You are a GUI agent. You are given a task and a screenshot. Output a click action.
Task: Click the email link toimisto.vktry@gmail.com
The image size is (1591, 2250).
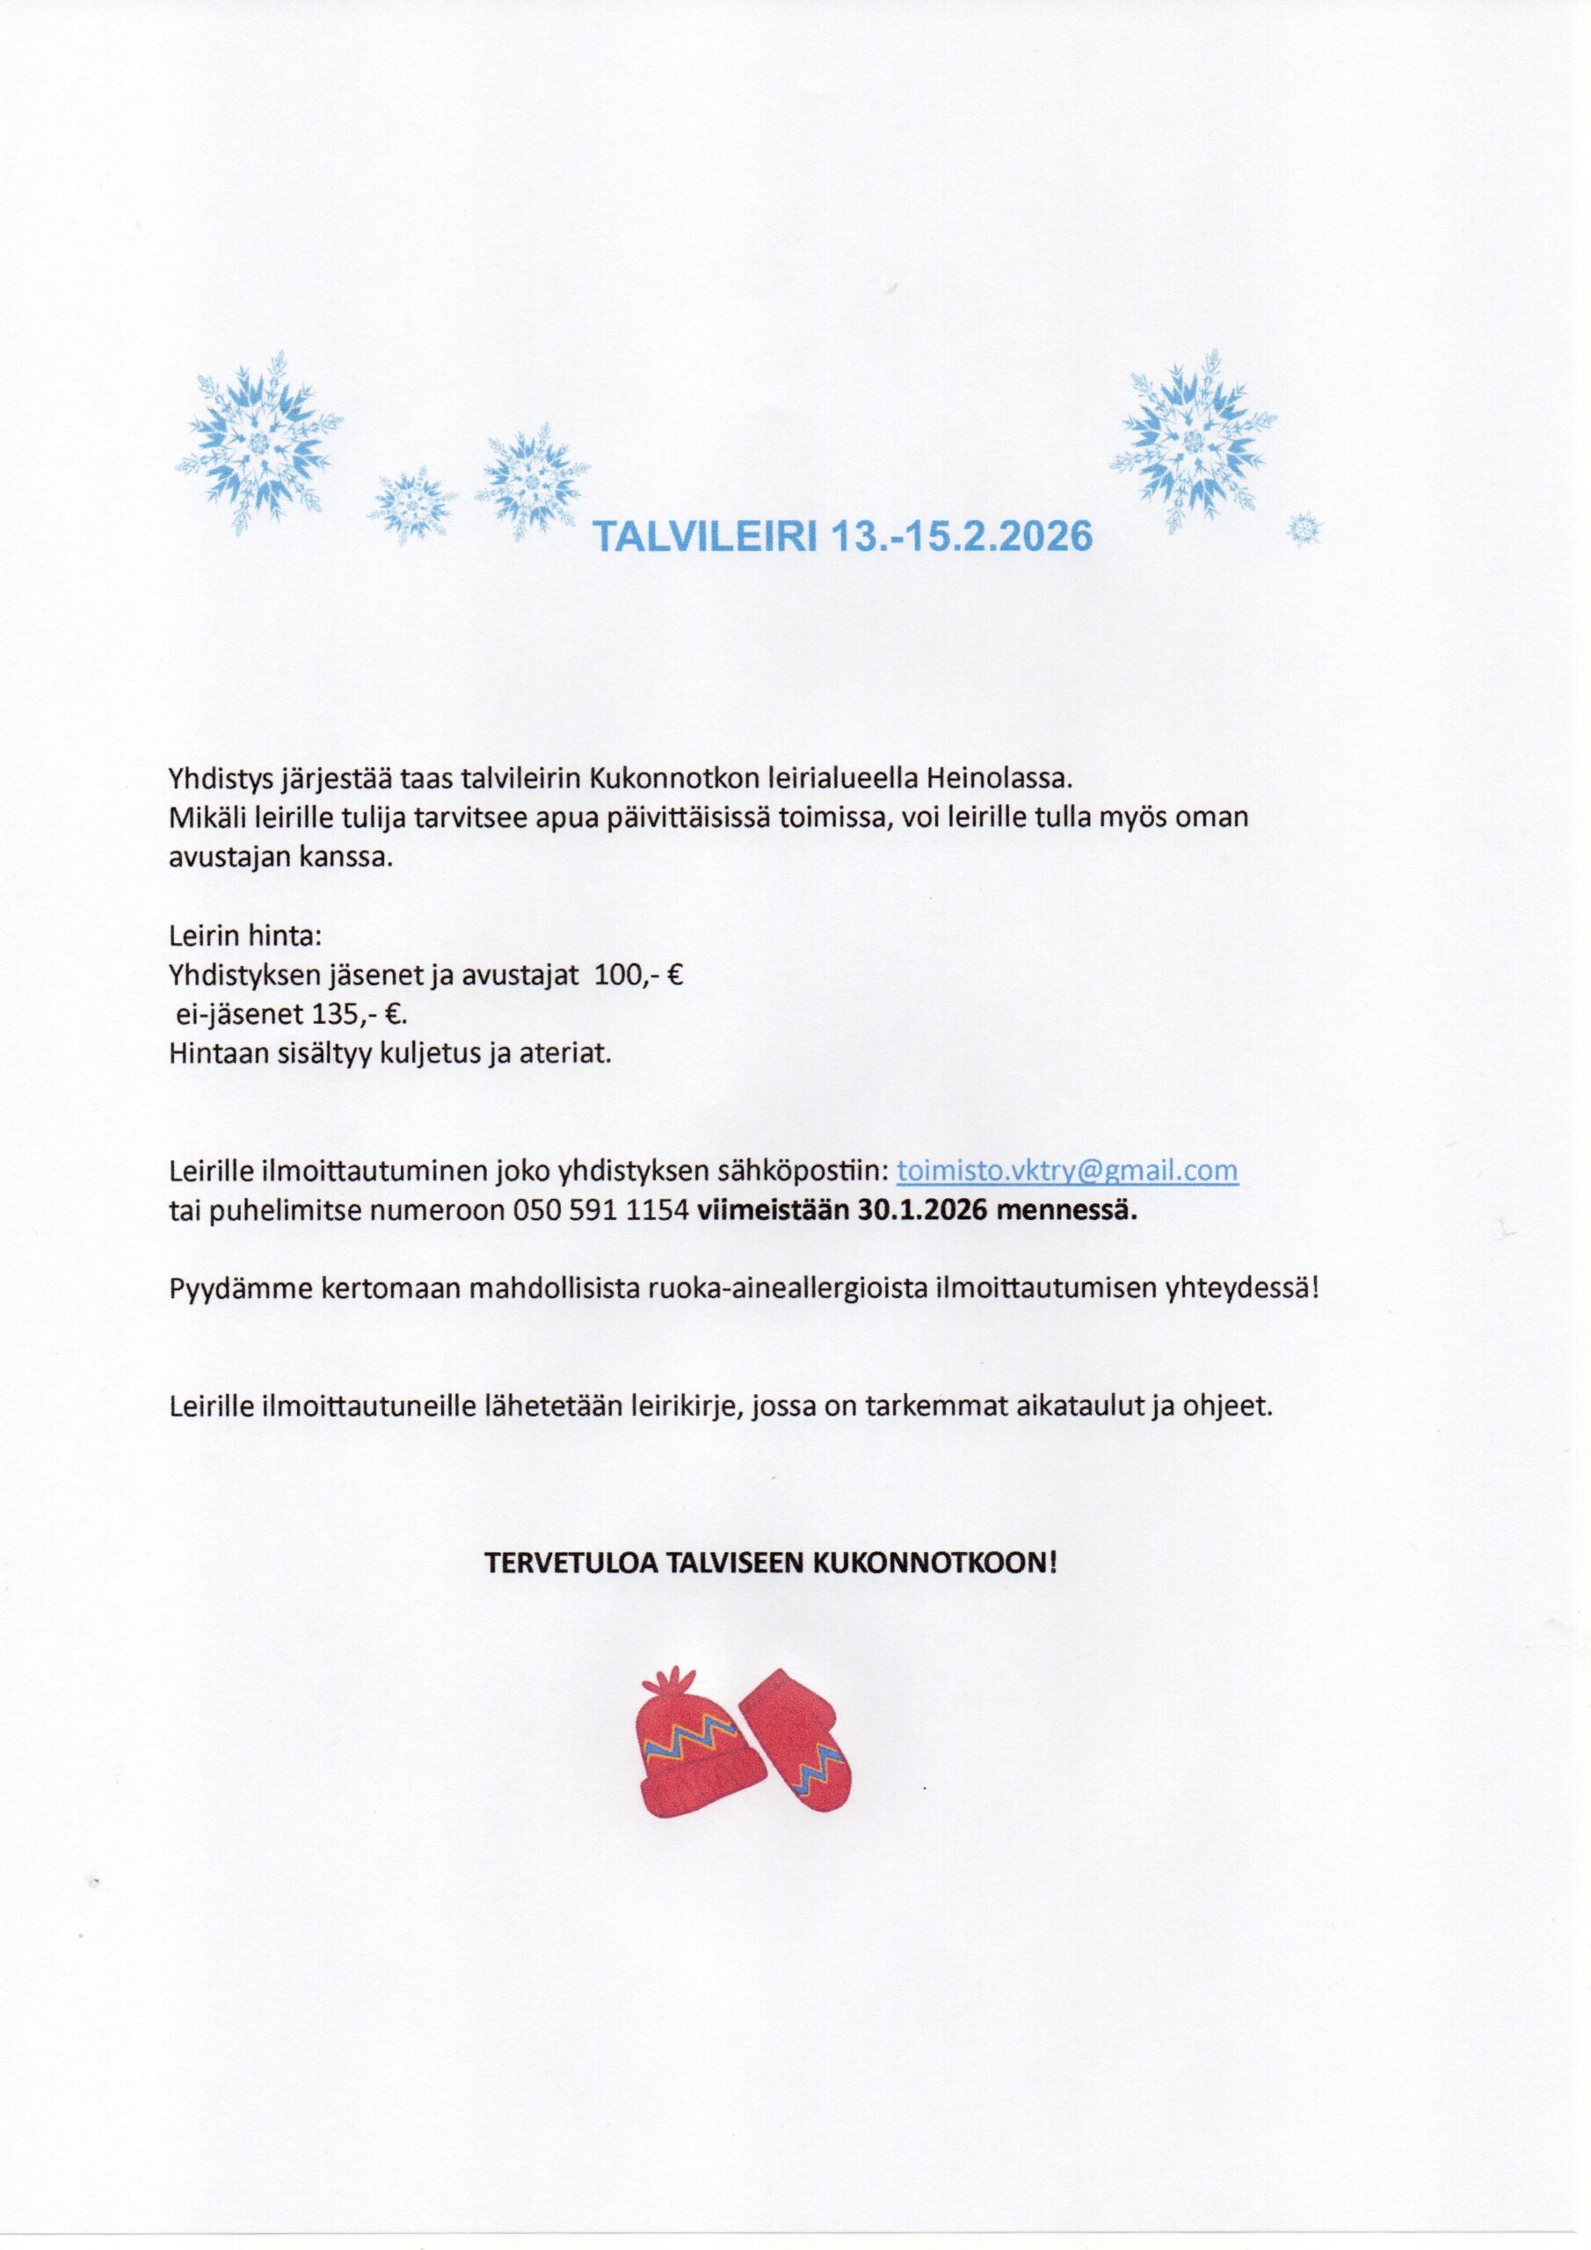click(x=1067, y=1170)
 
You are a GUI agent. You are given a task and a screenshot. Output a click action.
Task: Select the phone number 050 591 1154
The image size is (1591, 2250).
click(x=601, y=1210)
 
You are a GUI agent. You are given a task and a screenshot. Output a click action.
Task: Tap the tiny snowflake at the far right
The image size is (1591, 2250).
click(x=1304, y=529)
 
